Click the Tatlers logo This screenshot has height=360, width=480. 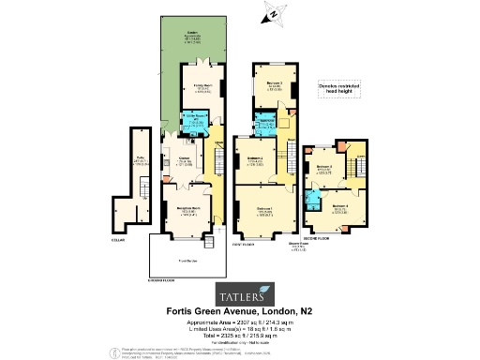click(239, 289)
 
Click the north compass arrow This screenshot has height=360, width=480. click(271, 13)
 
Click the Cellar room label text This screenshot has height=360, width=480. click(140, 160)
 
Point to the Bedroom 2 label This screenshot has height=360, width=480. click(254, 161)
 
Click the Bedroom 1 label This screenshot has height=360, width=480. click(265, 211)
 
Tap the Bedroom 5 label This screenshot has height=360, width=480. click(324, 169)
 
